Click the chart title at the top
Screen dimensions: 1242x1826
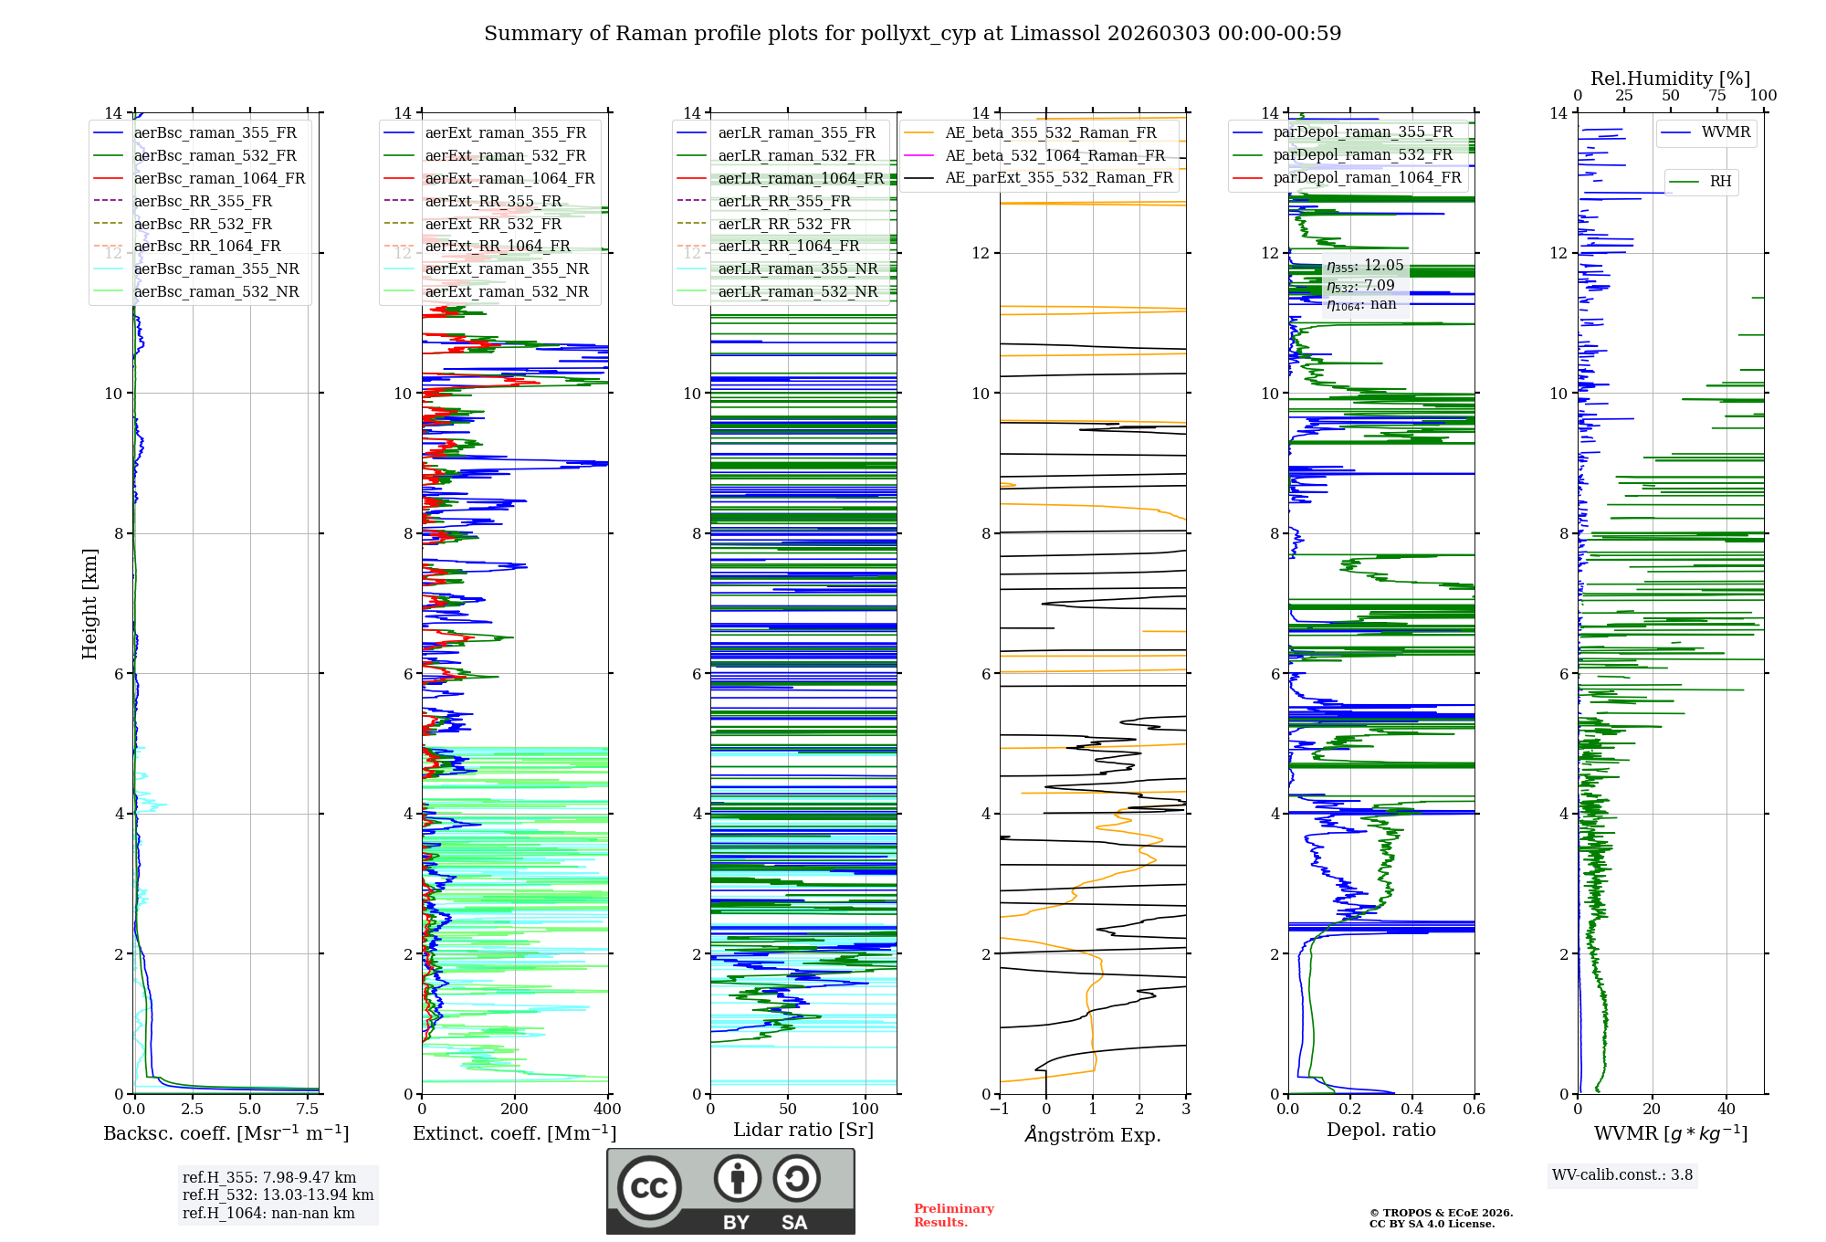912,34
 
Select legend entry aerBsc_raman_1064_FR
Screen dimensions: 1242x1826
219,179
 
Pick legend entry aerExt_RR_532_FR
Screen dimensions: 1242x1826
493,224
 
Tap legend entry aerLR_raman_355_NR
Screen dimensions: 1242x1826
797,268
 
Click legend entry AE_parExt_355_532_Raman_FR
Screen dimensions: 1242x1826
1058,178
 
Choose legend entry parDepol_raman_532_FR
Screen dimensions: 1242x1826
1362,155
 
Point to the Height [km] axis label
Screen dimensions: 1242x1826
89,604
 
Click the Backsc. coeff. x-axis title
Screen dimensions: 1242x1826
226,1133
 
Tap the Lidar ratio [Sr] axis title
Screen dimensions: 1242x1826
803,1130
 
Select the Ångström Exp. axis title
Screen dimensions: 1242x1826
1093,1134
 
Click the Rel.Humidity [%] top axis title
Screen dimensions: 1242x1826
1670,79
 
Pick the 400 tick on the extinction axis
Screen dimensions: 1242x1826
607,1110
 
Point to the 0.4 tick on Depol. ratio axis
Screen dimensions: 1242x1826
1411,1110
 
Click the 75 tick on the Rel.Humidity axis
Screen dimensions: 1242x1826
1716,96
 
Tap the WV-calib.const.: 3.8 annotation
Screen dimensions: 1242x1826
1622,1175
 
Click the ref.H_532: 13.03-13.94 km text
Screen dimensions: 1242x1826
278,1195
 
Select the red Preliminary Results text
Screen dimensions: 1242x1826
953,1216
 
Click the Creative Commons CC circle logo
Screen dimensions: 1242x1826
649,1188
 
